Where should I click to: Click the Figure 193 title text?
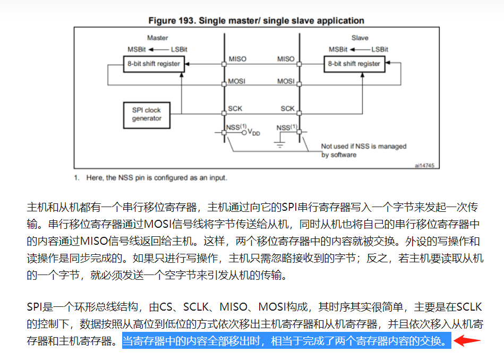(256, 21)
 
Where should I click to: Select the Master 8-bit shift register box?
(153, 64)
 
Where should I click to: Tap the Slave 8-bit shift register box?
(354, 64)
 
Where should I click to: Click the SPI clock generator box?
(147, 114)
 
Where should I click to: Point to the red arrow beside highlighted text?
(467, 340)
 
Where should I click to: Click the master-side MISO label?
(237, 59)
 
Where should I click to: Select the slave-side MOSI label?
(286, 81)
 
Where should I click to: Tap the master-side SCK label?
(235, 108)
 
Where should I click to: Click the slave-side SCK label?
(287, 108)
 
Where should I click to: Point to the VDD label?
(254, 133)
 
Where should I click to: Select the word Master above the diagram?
(157, 38)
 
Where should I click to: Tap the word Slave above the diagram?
(360, 38)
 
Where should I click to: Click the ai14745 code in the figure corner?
(424, 165)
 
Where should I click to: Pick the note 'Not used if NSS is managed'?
(363, 146)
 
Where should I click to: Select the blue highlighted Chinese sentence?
(286, 341)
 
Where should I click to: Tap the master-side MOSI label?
(237, 81)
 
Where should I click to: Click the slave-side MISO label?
(286, 59)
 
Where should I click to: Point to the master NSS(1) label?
(236, 127)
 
